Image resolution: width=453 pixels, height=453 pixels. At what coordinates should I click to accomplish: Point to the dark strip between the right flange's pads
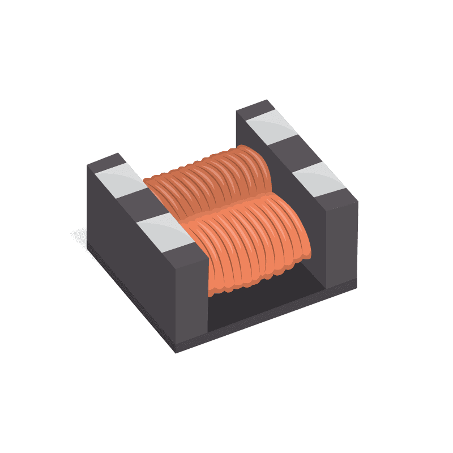294,151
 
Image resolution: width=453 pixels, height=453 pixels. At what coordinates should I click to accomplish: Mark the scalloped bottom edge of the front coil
255,280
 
